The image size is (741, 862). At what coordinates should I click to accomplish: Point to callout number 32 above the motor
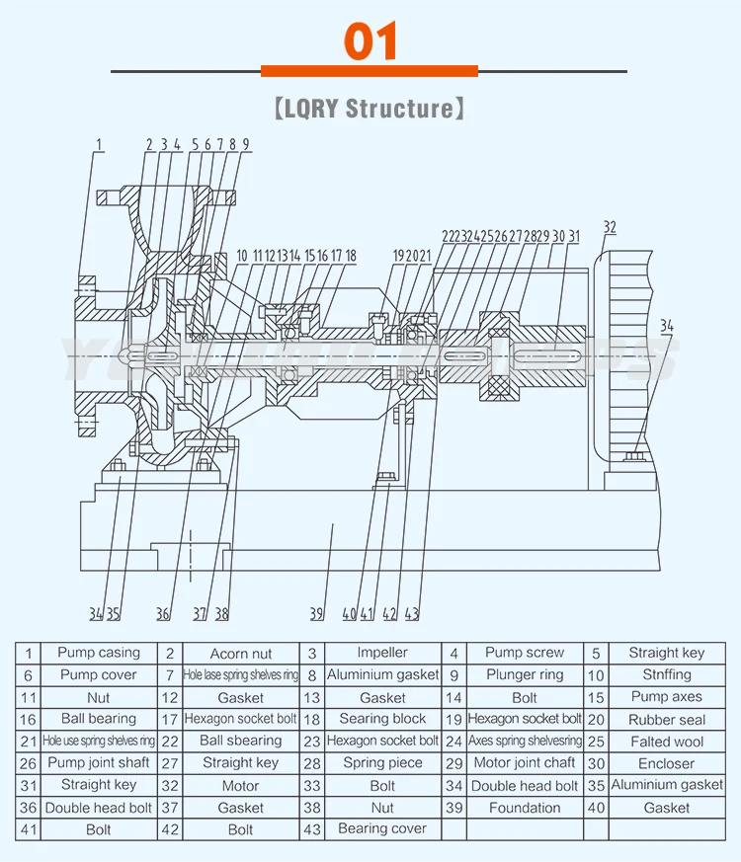pyautogui.click(x=610, y=227)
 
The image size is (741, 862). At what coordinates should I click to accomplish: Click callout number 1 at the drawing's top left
pyautogui.click(x=99, y=145)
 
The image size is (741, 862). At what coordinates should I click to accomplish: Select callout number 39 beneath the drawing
pyautogui.click(x=316, y=614)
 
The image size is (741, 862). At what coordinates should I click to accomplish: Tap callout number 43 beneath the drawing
pyautogui.click(x=412, y=614)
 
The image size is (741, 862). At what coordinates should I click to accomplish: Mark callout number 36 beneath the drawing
pyautogui.click(x=163, y=614)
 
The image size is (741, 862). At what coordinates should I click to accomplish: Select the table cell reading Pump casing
pyautogui.click(x=99, y=653)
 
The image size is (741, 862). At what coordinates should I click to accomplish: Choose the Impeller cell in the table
pyautogui.click(x=382, y=653)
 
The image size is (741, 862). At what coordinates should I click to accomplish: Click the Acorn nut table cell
pyautogui.click(x=241, y=654)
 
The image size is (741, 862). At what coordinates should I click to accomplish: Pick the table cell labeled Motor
pyautogui.click(x=241, y=786)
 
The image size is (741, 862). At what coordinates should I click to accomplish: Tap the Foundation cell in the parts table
pyautogui.click(x=525, y=808)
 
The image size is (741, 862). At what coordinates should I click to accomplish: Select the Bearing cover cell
pyautogui.click(x=382, y=829)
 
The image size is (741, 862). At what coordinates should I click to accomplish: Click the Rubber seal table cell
pyautogui.click(x=667, y=720)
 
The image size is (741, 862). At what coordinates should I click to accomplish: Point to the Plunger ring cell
pyautogui.click(x=525, y=675)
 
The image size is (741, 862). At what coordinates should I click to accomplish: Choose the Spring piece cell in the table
pyautogui.click(x=382, y=763)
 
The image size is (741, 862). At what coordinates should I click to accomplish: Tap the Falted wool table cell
pyautogui.click(x=667, y=742)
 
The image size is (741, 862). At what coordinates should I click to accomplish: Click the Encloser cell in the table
pyautogui.click(x=667, y=763)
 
